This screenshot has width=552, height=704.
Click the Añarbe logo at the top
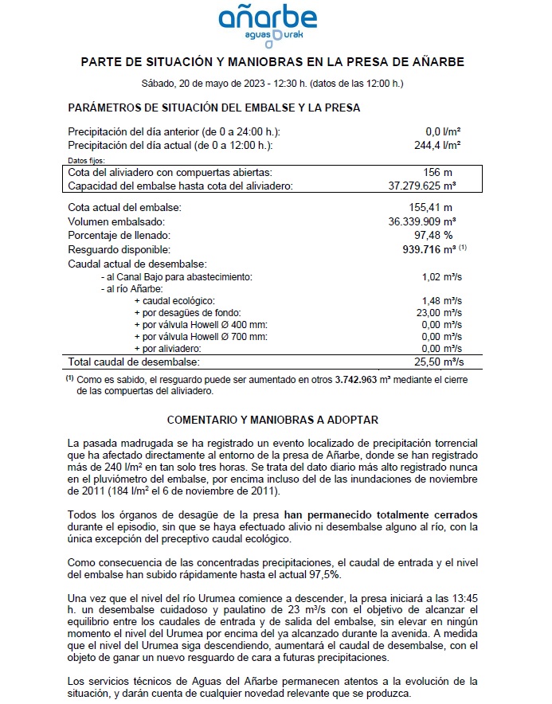(x=272, y=23)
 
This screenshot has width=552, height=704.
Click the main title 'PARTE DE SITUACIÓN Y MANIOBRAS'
(x=272, y=61)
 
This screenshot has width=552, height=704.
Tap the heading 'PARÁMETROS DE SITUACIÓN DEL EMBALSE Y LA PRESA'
(x=214, y=108)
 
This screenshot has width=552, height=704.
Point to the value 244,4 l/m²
(x=444, y=145)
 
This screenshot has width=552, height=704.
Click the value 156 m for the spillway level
(x=438, y=172)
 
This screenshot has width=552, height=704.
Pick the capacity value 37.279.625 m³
(x=427, y=186)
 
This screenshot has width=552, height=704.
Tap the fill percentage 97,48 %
(x=437, y=235)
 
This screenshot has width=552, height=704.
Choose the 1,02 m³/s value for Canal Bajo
(x=442, y=276)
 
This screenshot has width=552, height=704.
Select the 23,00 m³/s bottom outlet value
(x=440, y=313)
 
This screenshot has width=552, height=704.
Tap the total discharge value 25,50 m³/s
(x=440, y=362)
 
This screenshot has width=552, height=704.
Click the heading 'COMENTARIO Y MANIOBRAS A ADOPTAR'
(x=272, y=419)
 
